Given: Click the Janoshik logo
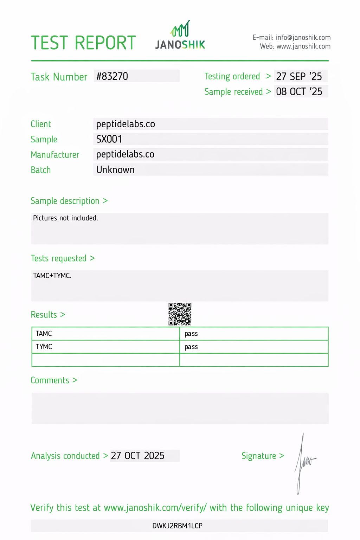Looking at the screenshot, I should pyautogui.click(x=180, y=35).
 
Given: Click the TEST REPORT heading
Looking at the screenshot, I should pyautogui.click(x=83, y=43).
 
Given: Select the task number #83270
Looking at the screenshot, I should pyautogui.click(x=112, y=76).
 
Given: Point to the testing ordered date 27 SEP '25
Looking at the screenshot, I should pyautogui.click(x=299, y=76).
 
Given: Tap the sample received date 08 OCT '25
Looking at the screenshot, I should pyautogui.click(x=299, y=92).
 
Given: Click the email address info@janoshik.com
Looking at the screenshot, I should pyautogui.click(x=303, y=38).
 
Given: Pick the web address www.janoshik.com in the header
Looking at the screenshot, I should pyautogui.click(x=303, y=46).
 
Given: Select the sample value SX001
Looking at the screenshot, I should pyautogui.click(x=109, y=139).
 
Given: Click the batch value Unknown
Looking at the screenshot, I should pyautogui.click(x=115, y=170).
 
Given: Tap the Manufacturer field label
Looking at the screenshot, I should pyautogui.click(x=55, y=155).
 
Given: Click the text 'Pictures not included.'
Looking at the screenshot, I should pyautogui.click(x=65, y=218).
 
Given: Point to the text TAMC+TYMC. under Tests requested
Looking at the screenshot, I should pyautogui.click(x=52, y=276).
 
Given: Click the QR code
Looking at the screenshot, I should pyautogui.click(x=180, y=314).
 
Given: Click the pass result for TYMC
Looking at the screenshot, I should pyautogui.click(x=191, y=347).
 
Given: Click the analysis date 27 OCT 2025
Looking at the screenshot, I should pyautogui.click(x=138, y=456).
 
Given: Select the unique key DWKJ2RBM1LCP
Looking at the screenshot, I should pyautogui.click(x=177, y=526).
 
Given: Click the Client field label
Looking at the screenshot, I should pyautogui.click(x=41, y=124).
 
